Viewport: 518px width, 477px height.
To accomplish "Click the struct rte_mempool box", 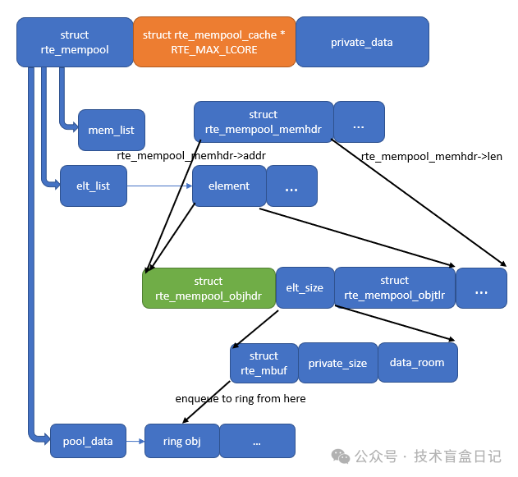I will coord(75,42).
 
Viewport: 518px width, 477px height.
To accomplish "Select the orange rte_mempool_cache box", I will coord(213,42).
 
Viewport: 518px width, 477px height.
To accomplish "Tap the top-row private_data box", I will coord(361,42).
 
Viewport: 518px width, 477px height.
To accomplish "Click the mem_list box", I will coord(112,130).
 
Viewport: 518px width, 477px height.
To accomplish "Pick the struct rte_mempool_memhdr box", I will coord(264,122).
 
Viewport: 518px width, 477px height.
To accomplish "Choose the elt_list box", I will coord(94,186).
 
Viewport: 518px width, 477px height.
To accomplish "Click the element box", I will coord(229,186).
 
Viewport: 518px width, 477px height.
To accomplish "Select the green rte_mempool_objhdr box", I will coord(209,288).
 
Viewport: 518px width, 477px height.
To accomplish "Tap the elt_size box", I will coord(305,288).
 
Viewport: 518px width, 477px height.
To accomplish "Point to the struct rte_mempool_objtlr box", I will coord(394,288).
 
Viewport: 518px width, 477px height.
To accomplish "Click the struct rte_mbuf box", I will coord(264,363).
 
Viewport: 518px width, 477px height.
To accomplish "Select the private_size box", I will coord(337,363).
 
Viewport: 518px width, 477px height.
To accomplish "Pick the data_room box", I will coord(417,363).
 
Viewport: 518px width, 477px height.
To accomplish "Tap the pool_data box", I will coord(88,441).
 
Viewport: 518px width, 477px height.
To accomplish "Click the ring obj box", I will coord(182,441).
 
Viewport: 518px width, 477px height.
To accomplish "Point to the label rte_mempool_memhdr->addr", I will coord(191,155).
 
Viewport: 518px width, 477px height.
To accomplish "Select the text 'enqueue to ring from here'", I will coord(241,399).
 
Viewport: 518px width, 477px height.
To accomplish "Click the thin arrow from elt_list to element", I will coord(159,186).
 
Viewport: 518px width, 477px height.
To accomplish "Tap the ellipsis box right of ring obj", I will coord(257,441).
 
